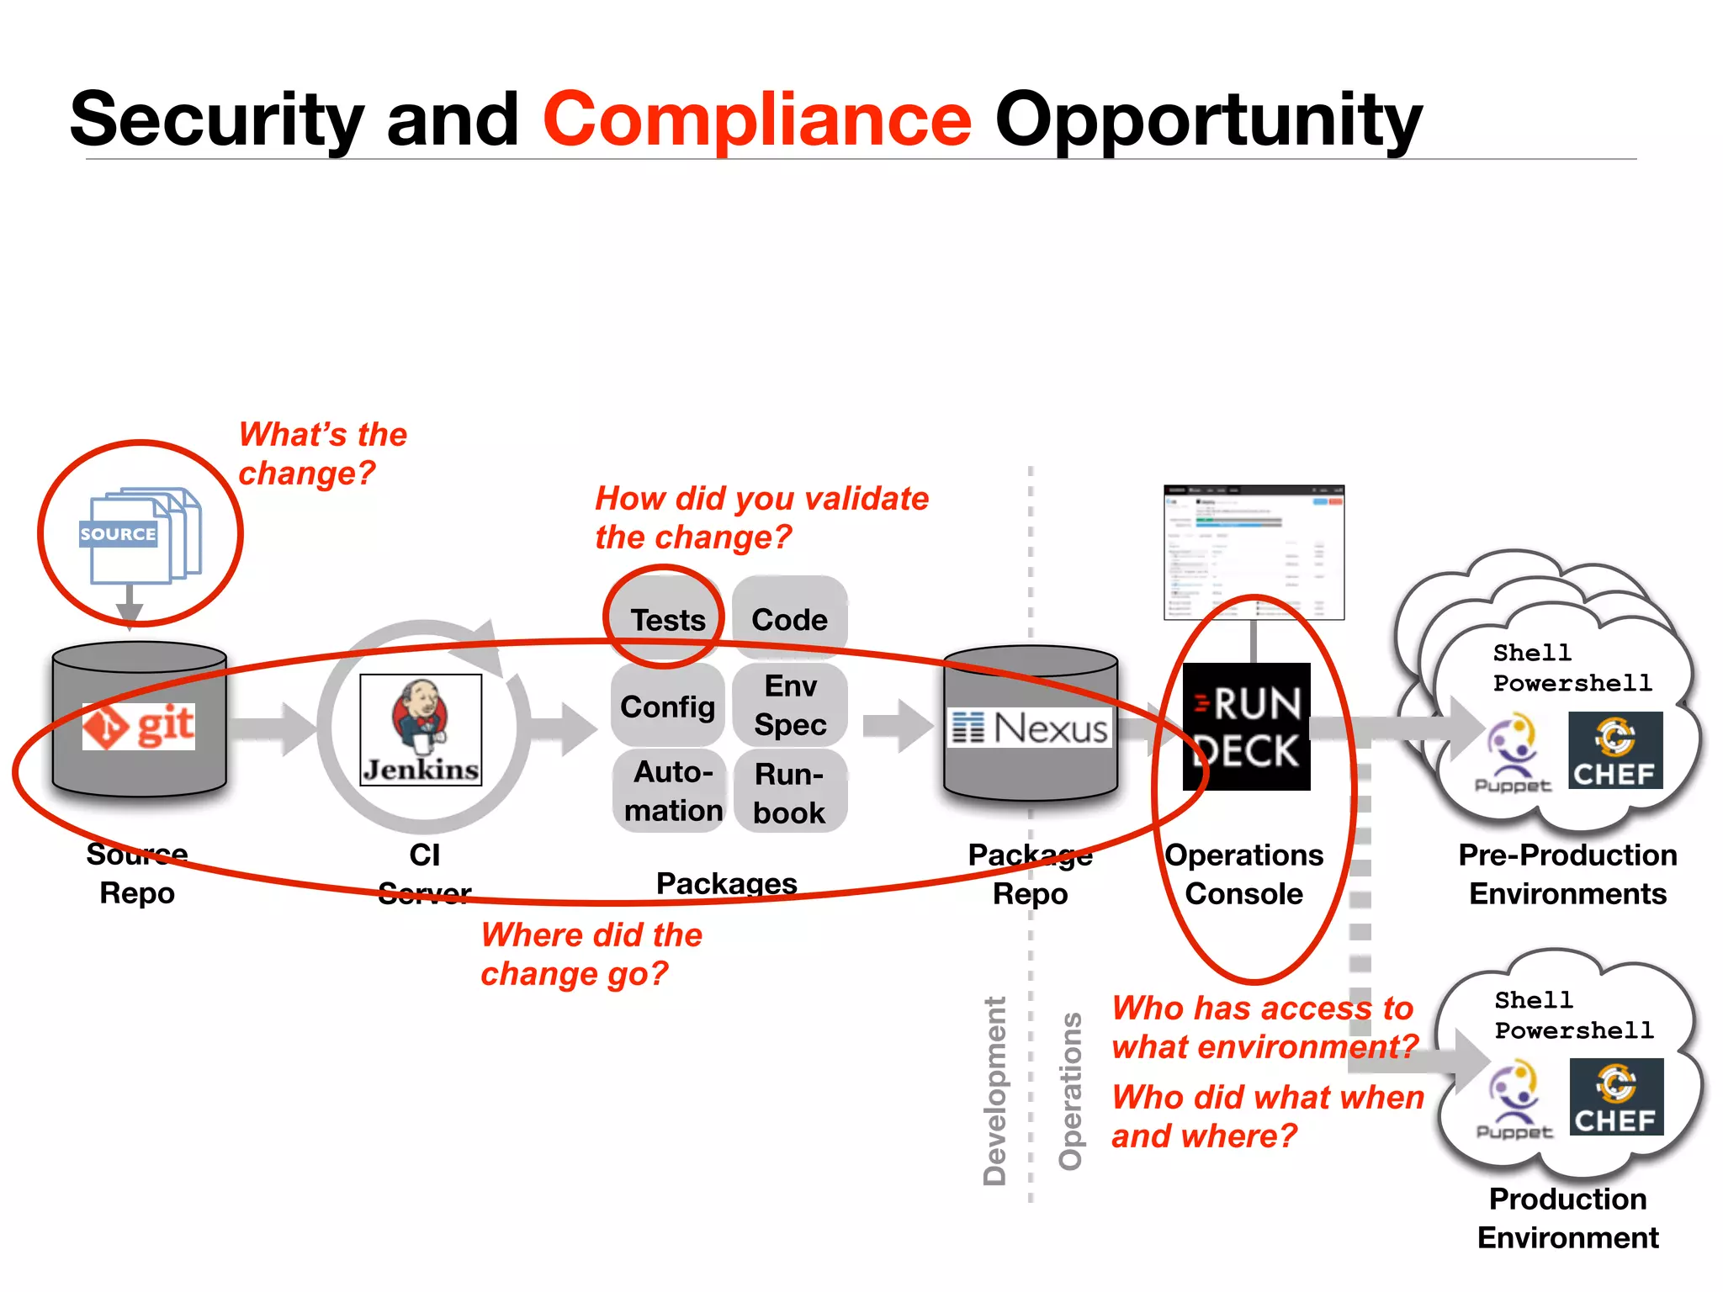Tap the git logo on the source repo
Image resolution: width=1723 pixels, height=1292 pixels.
click(139, 726)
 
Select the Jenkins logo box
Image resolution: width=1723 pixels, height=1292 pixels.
click(421, 729)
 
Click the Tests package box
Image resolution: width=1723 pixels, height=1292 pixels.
click(667, 619)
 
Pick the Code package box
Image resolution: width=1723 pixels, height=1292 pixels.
click(789, 619)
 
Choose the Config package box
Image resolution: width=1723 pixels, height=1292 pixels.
click(667, 707)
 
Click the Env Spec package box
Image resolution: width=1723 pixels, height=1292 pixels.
click(790, 705)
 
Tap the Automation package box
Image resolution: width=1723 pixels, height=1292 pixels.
click(670, 791)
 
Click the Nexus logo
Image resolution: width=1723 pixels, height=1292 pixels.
click(1031, 728)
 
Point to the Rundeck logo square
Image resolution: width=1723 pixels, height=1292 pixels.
click(1246, 727)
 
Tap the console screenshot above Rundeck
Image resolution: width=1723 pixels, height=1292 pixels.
click(1254, 552)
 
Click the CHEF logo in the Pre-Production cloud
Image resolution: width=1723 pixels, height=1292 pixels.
click(1615, 750)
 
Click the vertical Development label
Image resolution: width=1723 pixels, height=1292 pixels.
click(994, 1090)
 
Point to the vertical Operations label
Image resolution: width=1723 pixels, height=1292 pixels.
click(1070, 1090)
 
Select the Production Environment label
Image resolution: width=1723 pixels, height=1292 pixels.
click(1567, 1218)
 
